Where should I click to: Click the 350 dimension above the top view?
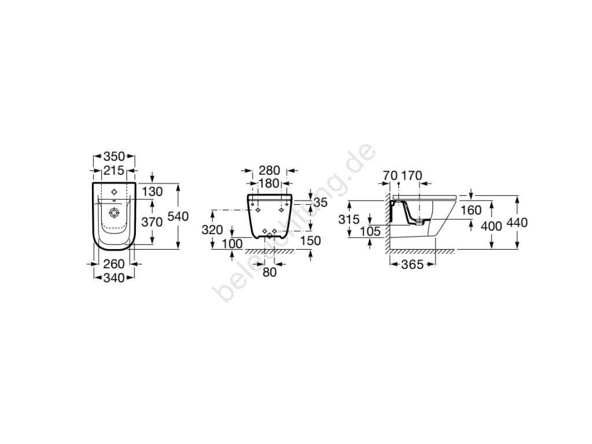point(114,156)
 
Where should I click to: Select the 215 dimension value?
point(114,171)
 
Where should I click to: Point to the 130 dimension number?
point(152,191)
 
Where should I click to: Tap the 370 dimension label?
point(152,221)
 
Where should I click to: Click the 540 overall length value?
point(178,216)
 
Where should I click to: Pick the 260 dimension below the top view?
point(114,264)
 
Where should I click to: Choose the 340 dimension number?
point(114,278)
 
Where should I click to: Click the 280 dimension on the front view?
point(269,171)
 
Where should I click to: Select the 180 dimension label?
point(269,183)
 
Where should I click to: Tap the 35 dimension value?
point(320,202)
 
